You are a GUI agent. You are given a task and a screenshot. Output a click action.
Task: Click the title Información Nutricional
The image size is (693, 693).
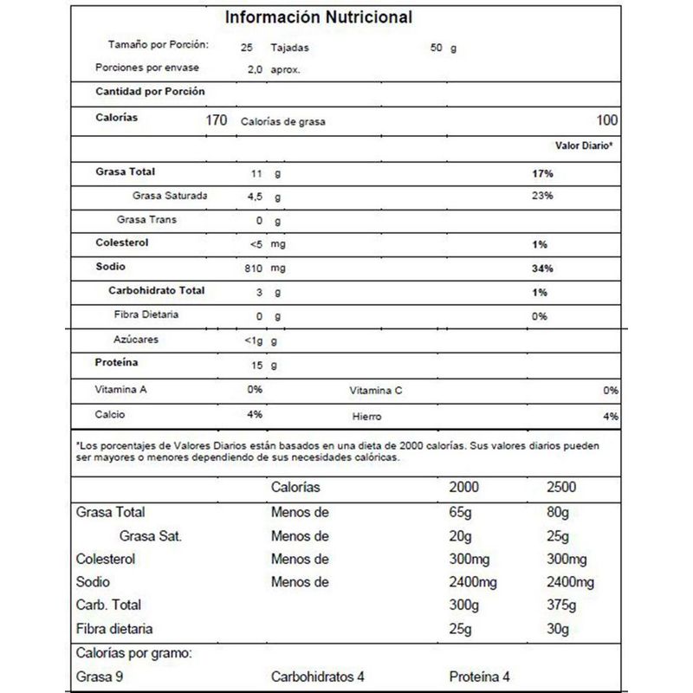319,17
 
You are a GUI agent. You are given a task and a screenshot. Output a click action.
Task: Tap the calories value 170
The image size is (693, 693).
217,120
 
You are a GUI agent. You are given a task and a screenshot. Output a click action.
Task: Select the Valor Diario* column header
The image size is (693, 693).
585,146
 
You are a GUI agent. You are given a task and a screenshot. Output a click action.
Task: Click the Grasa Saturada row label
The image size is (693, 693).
170,196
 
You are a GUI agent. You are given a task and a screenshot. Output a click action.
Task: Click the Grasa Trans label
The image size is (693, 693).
146,220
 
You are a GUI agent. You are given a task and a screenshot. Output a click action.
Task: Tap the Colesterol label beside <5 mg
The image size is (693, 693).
124,244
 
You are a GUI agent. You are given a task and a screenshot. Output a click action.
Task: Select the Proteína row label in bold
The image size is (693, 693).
117,363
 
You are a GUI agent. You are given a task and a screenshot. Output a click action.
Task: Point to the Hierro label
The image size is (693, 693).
367,417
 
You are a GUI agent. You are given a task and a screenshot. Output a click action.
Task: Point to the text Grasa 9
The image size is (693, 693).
100,676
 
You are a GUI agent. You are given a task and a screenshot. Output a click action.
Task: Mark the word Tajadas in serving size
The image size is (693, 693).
290,48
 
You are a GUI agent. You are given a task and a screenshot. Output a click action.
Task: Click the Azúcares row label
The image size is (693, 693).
136,340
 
